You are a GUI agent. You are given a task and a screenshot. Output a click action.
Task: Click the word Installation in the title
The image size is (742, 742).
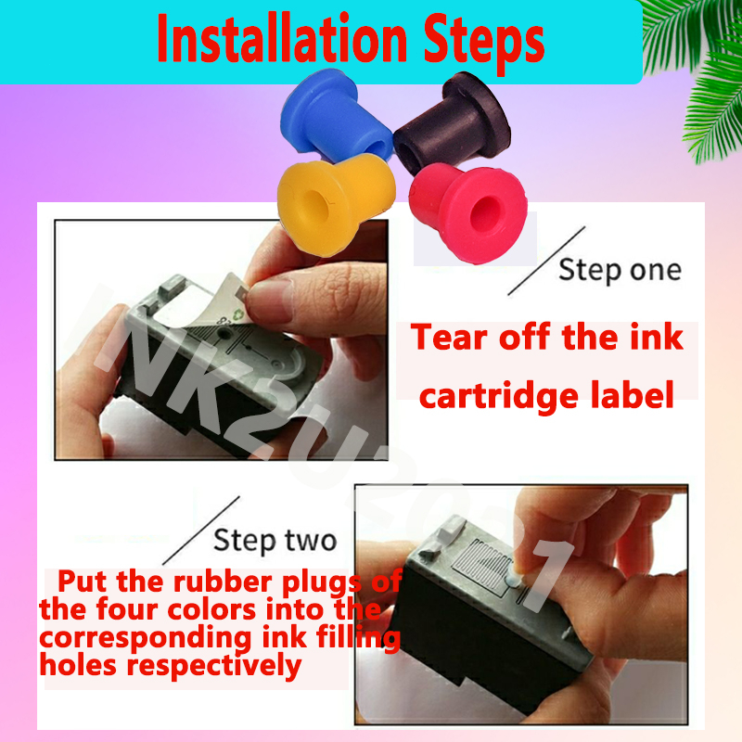(282, 39)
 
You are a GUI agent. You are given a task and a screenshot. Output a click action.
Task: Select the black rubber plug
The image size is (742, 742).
(452, 122)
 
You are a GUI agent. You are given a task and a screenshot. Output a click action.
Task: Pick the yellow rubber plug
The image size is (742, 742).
(336, 203)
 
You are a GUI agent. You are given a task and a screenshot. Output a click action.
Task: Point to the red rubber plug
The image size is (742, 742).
(468, 212)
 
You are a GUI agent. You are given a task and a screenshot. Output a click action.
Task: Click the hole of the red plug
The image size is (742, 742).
(485, 213)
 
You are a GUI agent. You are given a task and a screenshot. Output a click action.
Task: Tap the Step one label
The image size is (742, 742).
(620, 270)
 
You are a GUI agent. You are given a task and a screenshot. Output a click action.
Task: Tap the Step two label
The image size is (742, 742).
(275, 541)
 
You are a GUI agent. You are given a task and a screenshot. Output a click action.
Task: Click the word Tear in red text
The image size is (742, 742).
(449, 337)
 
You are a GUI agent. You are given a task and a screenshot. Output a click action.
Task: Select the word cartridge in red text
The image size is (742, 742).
(499, 395)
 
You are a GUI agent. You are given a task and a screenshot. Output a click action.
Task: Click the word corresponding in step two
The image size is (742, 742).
(145, 638)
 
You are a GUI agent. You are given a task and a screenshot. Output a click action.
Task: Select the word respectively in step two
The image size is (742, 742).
(214, 666)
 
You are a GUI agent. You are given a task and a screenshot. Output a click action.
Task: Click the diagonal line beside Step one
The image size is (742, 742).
(546, 261)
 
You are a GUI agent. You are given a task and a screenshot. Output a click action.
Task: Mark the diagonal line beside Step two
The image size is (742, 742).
(201, 531)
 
